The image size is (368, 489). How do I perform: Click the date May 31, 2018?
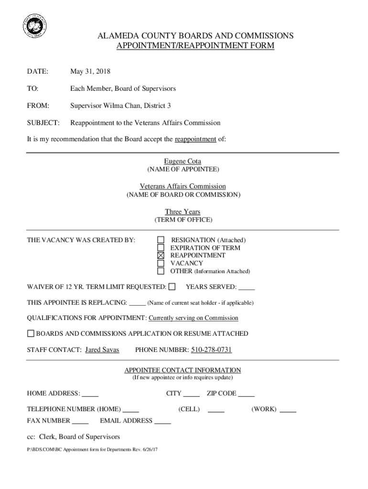click(x=90, y=72)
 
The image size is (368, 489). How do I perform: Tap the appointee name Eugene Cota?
click(x=183, y=161)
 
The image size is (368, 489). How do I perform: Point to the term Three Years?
click(x=183, y=212)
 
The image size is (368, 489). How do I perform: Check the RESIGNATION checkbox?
click(x=161, y=240)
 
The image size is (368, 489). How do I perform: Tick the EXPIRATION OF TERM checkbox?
click(x=161, y=247)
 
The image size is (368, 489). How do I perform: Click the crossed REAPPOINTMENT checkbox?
click(x=161, y=255)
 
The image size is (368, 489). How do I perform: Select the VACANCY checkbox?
click(x=161, y=263)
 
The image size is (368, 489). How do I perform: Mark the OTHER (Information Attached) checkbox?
click(x=161, y=271)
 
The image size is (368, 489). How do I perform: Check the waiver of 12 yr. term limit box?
click(x=173, y=287)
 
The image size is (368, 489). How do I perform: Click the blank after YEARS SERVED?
click(x=247, y=288)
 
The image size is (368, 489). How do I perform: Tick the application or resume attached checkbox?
click(x=31, y=333)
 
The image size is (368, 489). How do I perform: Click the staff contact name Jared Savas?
click(x=102, y=350)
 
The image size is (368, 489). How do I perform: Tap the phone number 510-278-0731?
click(x=211, y=350)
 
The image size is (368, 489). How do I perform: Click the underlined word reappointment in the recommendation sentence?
click(x=195, y=139)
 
